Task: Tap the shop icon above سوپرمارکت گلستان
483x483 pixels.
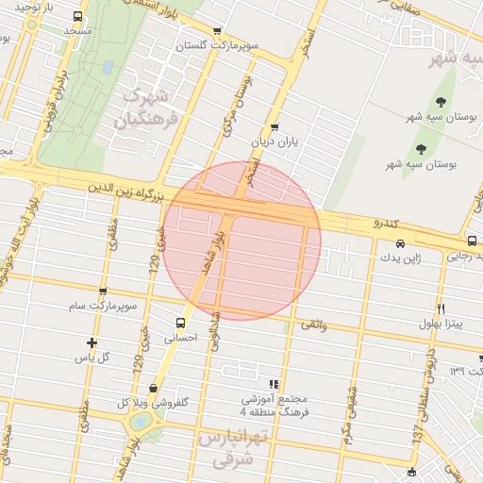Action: (218, 31)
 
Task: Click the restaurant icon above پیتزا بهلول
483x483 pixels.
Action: (441, 308)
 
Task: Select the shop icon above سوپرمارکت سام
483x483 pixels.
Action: (103, 291)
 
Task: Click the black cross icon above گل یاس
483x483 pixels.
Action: (92, 342)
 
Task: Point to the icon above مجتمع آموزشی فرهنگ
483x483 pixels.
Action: (274, 383)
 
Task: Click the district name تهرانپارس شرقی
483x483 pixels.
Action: (234, 449)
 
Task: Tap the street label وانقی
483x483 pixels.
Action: (313, 324)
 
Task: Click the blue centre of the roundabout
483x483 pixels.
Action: (140, 423)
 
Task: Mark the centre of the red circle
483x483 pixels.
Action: (242, 241)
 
